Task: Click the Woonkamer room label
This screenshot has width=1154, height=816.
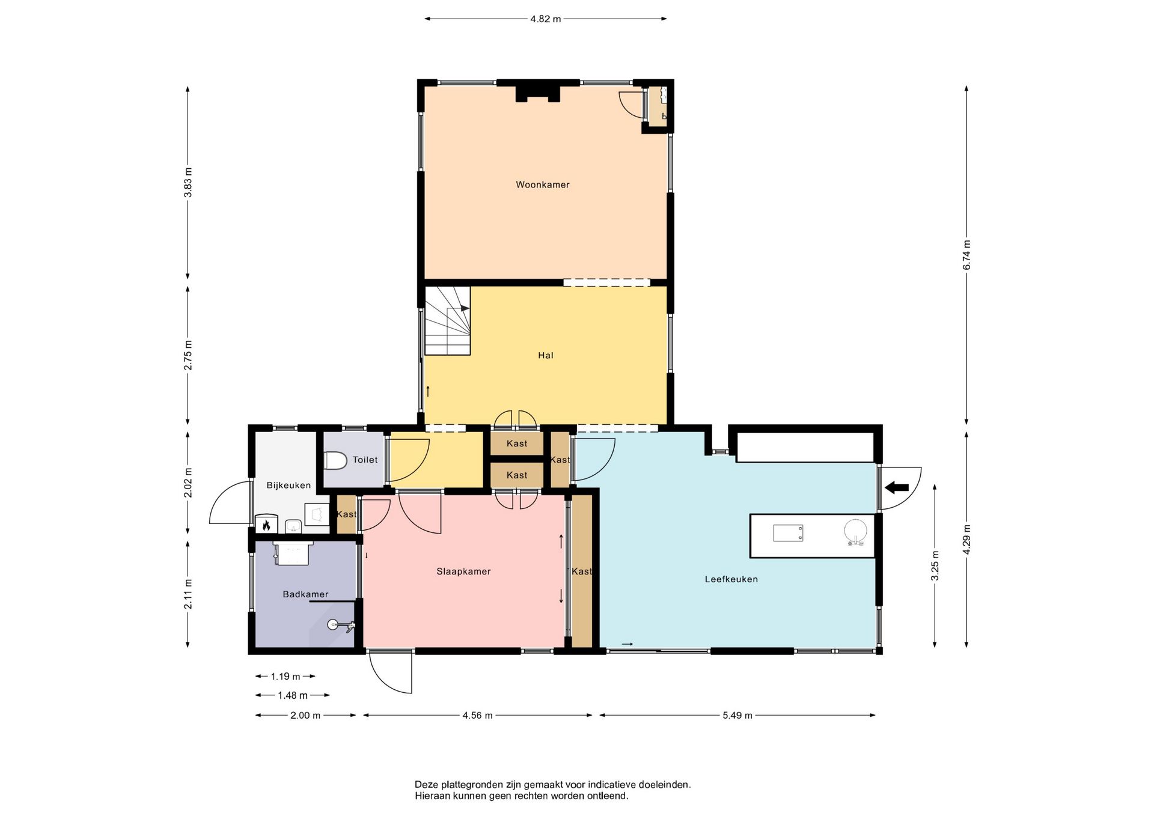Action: click(543, 185)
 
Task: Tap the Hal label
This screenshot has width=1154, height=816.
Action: click(546, 356)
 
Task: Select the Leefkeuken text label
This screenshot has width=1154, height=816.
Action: click(731, 580)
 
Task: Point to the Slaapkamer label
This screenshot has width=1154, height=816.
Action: click(463, 572)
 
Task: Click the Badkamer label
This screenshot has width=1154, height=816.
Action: click(305, 595)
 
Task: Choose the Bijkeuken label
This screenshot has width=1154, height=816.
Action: click(288, 486)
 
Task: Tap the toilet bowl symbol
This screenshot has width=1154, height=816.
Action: click(335, 461)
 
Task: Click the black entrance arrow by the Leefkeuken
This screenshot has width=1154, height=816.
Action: click(897, 487)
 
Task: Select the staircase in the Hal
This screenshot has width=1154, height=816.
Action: click(448, 320)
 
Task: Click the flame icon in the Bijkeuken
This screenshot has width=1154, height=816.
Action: click(266, 526)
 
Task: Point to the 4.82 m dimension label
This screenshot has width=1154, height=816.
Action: click(545, 19)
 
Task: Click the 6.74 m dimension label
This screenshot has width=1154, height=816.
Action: click(966, 255)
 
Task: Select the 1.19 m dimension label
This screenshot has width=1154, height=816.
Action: click(285, 677)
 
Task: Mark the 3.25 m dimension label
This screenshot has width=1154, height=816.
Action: click(935, 566)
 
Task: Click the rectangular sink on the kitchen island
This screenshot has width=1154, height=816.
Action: click(788, 533)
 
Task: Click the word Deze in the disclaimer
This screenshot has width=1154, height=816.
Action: click(426, 785)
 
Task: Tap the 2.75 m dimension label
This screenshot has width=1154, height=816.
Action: click(188, 356)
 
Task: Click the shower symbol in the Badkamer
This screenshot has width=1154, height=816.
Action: click(341, 626)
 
